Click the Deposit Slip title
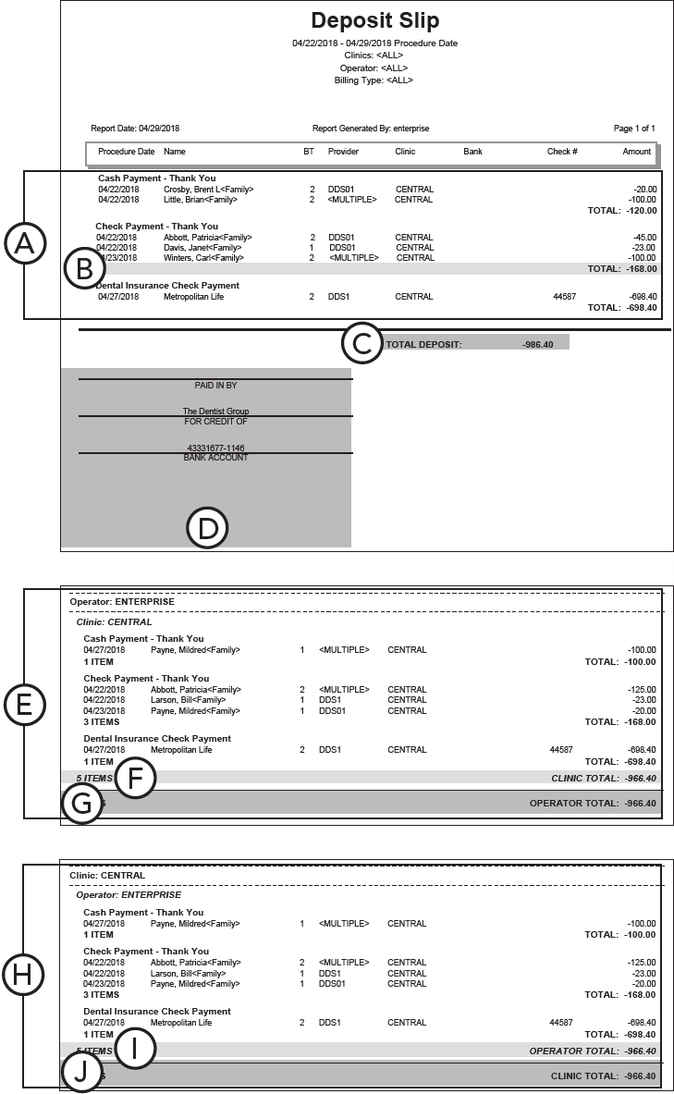(x=374, y=21)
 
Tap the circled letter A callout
(x=25, y=244)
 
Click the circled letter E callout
(x=25, y=706)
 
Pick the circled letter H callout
(x=25, y=974)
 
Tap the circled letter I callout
(x=135, y=1050)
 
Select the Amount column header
(x=636, y=152)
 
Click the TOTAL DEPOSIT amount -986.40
(x=536, y=344)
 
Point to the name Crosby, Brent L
(x=196, y=190)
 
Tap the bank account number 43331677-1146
(x=215, y=448)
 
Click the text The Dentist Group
(x=215, y=412)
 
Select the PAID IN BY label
(x=215, y=386)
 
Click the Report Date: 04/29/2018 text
(x=135, y=129)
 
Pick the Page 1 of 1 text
(x=634, y=129)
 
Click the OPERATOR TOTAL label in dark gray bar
(x=573, y=803)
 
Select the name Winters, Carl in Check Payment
(x=190, y=258)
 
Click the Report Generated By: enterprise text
(x=371, y=129)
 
